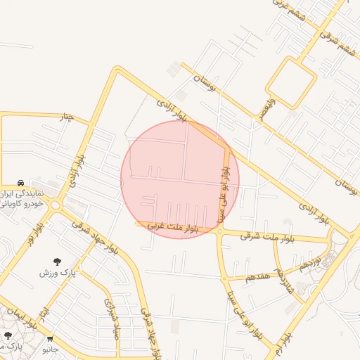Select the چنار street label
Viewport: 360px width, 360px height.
66,116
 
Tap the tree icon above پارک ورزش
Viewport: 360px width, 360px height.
57,262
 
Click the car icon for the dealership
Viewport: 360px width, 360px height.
21,183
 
